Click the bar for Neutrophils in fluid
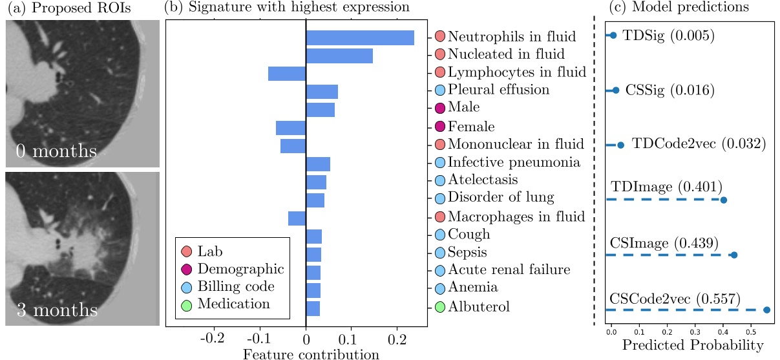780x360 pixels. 359,37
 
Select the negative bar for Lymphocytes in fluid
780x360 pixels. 286,73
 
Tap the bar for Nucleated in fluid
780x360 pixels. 339,56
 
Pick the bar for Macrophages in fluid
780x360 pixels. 297,218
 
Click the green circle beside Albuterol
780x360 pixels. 440,307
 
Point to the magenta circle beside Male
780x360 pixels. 440,107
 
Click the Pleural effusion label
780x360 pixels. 498,90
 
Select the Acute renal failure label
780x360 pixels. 509,270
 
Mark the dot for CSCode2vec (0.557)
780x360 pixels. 766,310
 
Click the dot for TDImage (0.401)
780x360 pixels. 723,200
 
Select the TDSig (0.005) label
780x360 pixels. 668,36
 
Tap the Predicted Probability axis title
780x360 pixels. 692,346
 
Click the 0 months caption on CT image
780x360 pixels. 56,153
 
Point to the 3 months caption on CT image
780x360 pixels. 56,311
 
